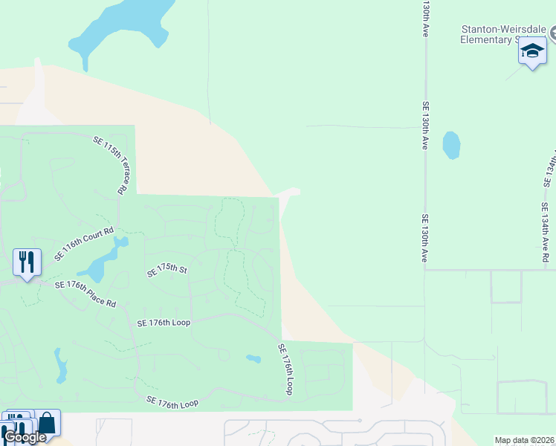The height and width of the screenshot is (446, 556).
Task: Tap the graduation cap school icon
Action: pyautogui.click(x=532, y=51)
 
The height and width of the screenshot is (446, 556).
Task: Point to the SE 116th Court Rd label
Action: pyautogui.click(x=84, y=245)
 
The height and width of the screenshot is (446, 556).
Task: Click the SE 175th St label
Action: pyautogui.click(x=167, y=268)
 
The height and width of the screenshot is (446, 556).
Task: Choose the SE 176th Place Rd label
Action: pyautogui.click(x=85, y=293)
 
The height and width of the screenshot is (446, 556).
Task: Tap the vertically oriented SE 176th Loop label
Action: pyautogui.click(x=286, y=369)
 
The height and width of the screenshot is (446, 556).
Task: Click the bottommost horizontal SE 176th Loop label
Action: pyautogui.click(x=172, y=403)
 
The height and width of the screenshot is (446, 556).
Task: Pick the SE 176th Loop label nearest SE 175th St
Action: pyautogui.click(x=164, y=323)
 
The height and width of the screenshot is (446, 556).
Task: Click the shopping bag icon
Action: pyautogui.click(x=48, y=423)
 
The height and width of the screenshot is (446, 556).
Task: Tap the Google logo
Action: pyautogui.click(x=25, y=437)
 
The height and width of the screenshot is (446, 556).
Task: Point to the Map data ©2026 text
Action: pyautogui.click(x=524, y=440)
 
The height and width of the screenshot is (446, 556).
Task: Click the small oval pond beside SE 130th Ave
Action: pyautogui.click(x=451, y=145)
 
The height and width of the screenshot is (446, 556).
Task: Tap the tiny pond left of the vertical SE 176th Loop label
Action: pyautogui.click(x=253, y=360)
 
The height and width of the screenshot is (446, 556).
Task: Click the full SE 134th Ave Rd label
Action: pyautogui.click(x=546, y=233)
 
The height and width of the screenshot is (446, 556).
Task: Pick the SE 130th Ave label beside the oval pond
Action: pyautogui.click(x=426, y=126)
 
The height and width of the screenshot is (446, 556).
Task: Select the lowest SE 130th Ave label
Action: pyautogui.click(x=425, y=238)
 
